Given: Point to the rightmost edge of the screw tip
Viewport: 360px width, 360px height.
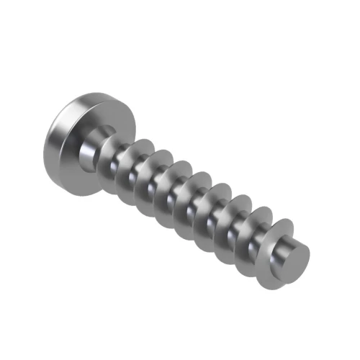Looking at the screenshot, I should (310, 254).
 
